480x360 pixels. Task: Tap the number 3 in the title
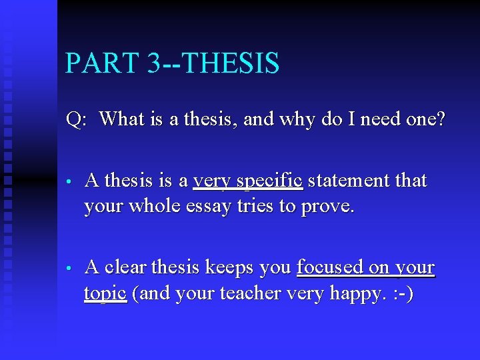[x=154, y=63]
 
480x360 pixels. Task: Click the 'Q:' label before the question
[x=77, y=120]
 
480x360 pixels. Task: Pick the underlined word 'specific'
[x=271, y=181]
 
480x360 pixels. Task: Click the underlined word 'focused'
[x=329, y=267]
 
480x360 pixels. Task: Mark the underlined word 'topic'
[x=105, y=294]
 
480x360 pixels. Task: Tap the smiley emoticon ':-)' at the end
[x=399, y=293]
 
